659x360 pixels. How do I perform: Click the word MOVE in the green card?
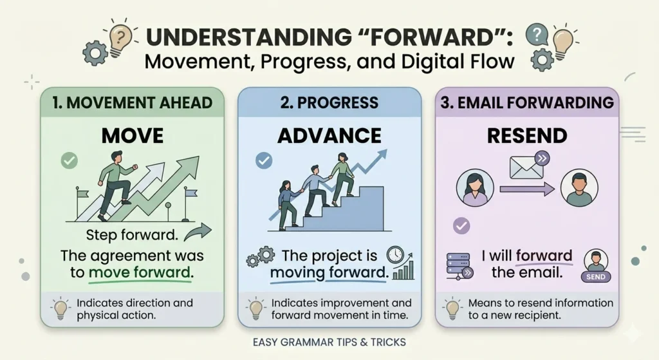tap(132, 135)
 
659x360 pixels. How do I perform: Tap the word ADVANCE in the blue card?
tap(329, 135)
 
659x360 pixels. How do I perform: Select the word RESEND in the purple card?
tap(527, 135)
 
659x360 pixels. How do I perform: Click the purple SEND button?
tap(596, 276)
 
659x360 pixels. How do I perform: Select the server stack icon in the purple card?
tap(457, 265)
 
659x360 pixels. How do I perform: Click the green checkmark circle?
tap(69, 161)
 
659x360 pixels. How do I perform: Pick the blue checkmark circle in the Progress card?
tap(264, 160)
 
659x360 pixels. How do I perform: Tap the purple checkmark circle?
tap(461, 225)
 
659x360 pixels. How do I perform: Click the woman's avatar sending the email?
tap(475, 187)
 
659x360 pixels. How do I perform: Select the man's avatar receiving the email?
tap(579, 187)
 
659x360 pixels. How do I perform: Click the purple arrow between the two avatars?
tap(527, 189)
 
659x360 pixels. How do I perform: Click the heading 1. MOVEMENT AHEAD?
tap(132, 102)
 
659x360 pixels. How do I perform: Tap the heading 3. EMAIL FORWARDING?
tap(527, 102)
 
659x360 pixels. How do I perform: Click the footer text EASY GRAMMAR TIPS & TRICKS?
tap(329, 341)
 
